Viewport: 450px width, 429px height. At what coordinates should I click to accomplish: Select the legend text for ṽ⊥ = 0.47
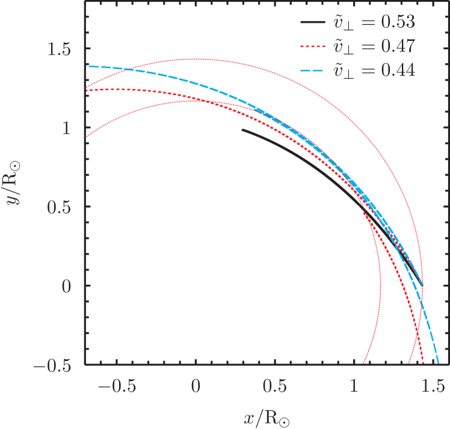pyautogui.click(x=375, y=47)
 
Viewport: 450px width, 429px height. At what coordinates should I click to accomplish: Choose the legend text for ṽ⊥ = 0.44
pyautogui.click(x=375, y=70)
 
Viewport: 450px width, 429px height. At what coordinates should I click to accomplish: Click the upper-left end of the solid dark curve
pyautogui.click(x=242, y=129)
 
